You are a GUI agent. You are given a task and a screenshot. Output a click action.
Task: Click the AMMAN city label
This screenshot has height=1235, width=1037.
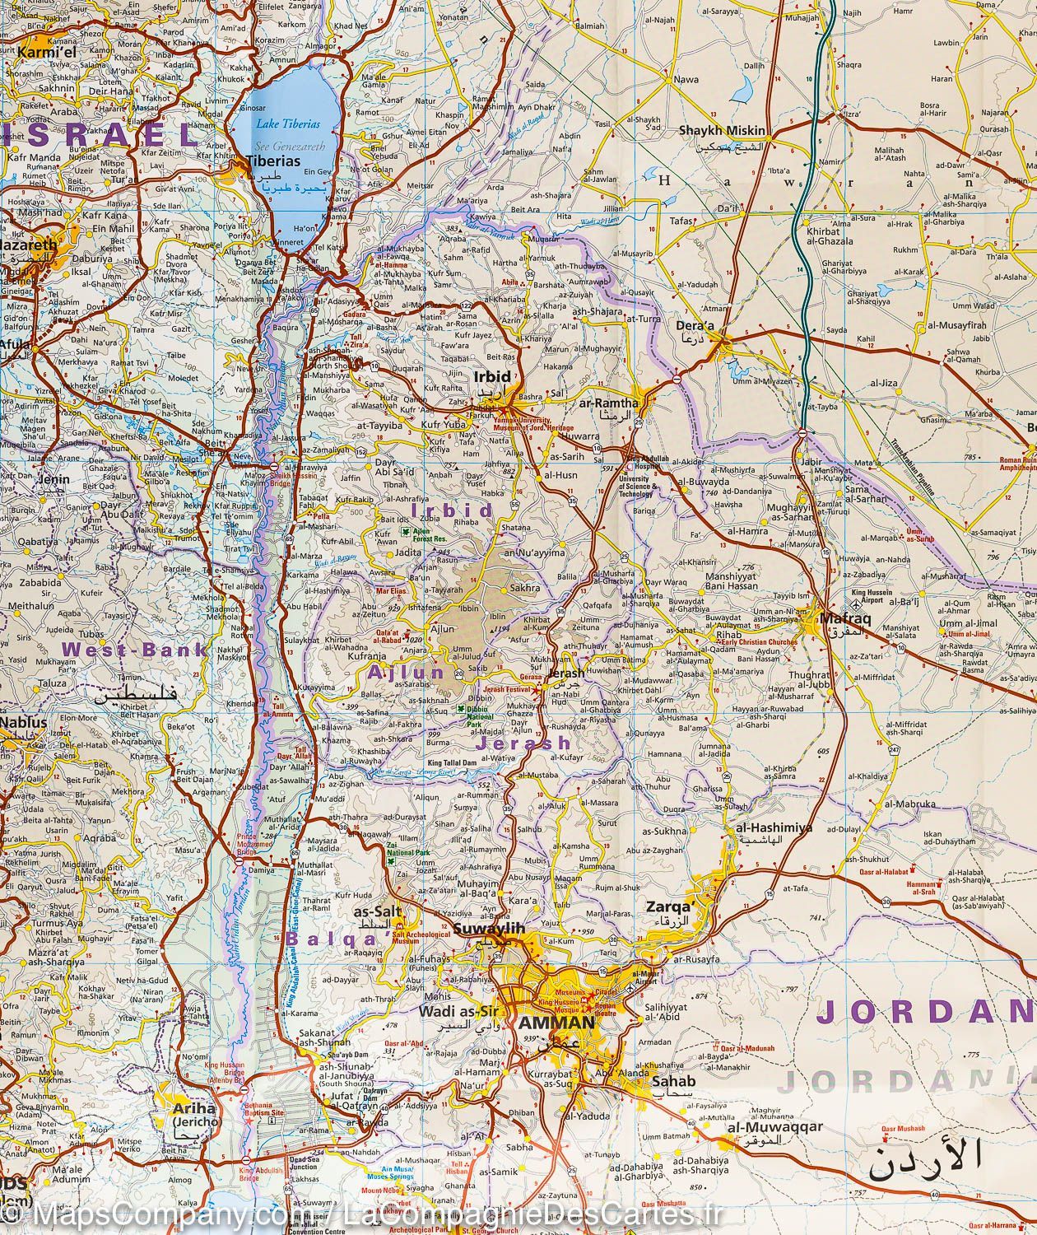click(556, 1023)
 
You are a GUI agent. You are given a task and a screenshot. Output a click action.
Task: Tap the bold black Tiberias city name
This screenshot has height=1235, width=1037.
click(276, 161)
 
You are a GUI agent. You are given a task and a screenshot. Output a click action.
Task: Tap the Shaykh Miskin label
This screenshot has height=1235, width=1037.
click(722, 131)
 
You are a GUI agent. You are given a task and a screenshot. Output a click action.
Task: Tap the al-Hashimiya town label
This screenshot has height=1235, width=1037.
click(762, 828)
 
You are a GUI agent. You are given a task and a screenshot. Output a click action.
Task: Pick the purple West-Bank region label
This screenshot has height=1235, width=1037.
click(134, 650)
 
